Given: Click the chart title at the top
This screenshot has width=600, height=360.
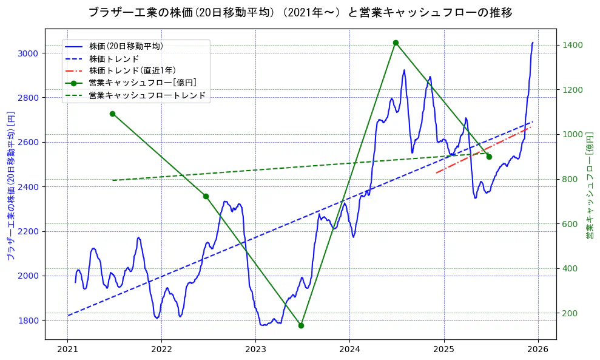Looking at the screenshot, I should click(x=300, y=12).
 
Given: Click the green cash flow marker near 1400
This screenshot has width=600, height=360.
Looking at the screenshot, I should click(x=396, y=42).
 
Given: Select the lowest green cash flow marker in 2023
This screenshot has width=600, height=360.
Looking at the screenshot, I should click(x=301, y=325).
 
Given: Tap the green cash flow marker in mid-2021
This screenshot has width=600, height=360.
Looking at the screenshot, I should click(x=112, y=114).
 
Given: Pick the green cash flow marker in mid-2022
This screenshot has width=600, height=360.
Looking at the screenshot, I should click(x=206, y=196).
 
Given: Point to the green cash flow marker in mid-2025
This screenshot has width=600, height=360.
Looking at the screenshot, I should click(x=489, y=157).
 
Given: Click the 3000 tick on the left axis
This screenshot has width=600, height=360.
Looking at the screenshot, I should click(x=29, y=53).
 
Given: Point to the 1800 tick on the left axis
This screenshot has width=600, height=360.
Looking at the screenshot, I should click(x=29, y=321).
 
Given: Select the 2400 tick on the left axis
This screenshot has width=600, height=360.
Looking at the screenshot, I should click(x=29, y=187).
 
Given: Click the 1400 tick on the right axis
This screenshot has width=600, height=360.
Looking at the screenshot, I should click(x=573, y=45).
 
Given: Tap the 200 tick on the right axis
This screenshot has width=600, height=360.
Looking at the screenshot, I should click(x=570, y=313).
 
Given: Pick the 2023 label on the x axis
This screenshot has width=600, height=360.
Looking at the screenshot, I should click(x=255, y=350).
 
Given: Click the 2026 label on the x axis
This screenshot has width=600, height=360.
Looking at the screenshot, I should click(x=538, y=350).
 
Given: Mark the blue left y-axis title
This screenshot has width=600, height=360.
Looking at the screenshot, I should click(x=10, y=185).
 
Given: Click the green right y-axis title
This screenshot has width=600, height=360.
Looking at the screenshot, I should click(x=590, y=185).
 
